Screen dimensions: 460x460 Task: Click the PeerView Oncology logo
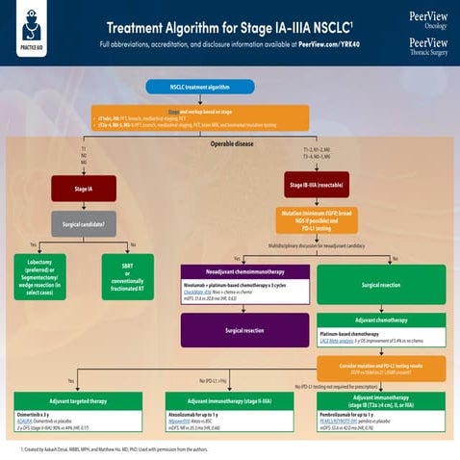pyautogui.click(x=427, y=20)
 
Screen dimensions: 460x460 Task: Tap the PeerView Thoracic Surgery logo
pyautogui.click(x=427, y=47)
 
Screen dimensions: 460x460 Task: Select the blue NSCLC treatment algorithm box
pyautogui.click(x=199, y=87)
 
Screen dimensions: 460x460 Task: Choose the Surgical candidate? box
pyautogui.click(x=84, y=228)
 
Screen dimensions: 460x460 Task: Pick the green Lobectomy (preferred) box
pyautogui.click(x=52, y=276)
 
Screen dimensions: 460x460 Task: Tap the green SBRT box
pyautogui.click(x=128, y=276)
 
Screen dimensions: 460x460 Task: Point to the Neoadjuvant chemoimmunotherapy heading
pyautogui.click(x=245, y=271)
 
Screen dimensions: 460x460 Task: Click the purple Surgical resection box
pyautogui.click(x=245, y=329)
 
